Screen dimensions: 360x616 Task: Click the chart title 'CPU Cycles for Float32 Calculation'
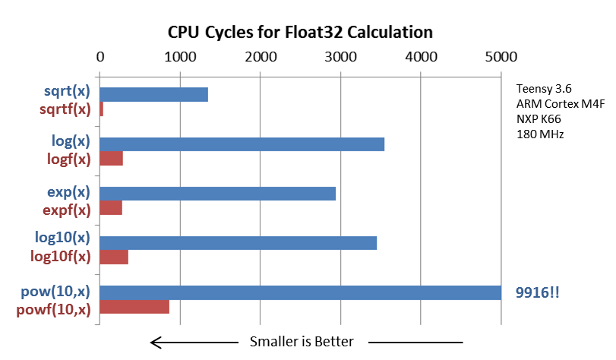tap(300, 32)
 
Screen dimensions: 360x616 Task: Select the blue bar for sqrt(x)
tap(153, 94)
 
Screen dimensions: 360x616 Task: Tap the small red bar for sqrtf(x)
tap(101, 109)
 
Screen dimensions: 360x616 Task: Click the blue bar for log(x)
tap(242, 144)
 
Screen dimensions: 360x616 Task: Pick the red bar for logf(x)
tap(111, 159)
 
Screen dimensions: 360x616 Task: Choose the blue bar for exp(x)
tap(217, 194)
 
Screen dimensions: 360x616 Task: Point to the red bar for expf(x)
tap(111, 208)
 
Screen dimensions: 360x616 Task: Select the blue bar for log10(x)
tap(238, 243)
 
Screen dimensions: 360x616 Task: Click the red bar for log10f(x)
tap(114, 257)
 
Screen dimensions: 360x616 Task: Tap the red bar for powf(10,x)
tap(134, 307)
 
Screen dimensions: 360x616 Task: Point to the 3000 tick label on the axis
tap(340, 56)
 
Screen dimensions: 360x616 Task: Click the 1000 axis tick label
tap(179, 56)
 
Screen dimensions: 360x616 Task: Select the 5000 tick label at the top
tap(501, 56)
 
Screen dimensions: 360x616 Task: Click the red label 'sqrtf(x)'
tap(65, 109)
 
